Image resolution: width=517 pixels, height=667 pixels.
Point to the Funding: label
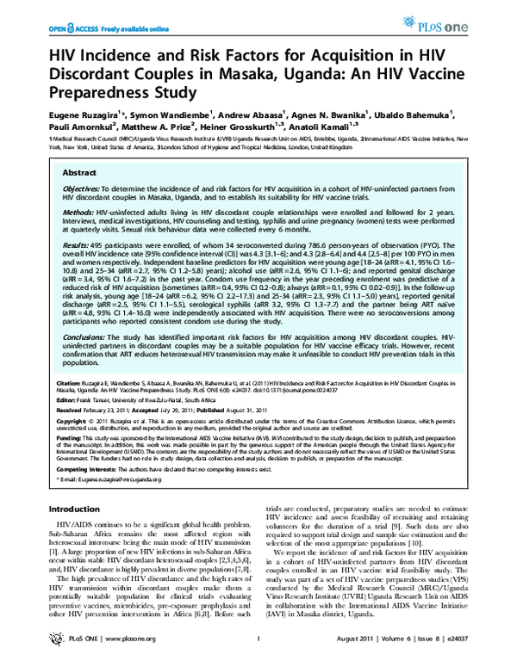coord(64,436)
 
